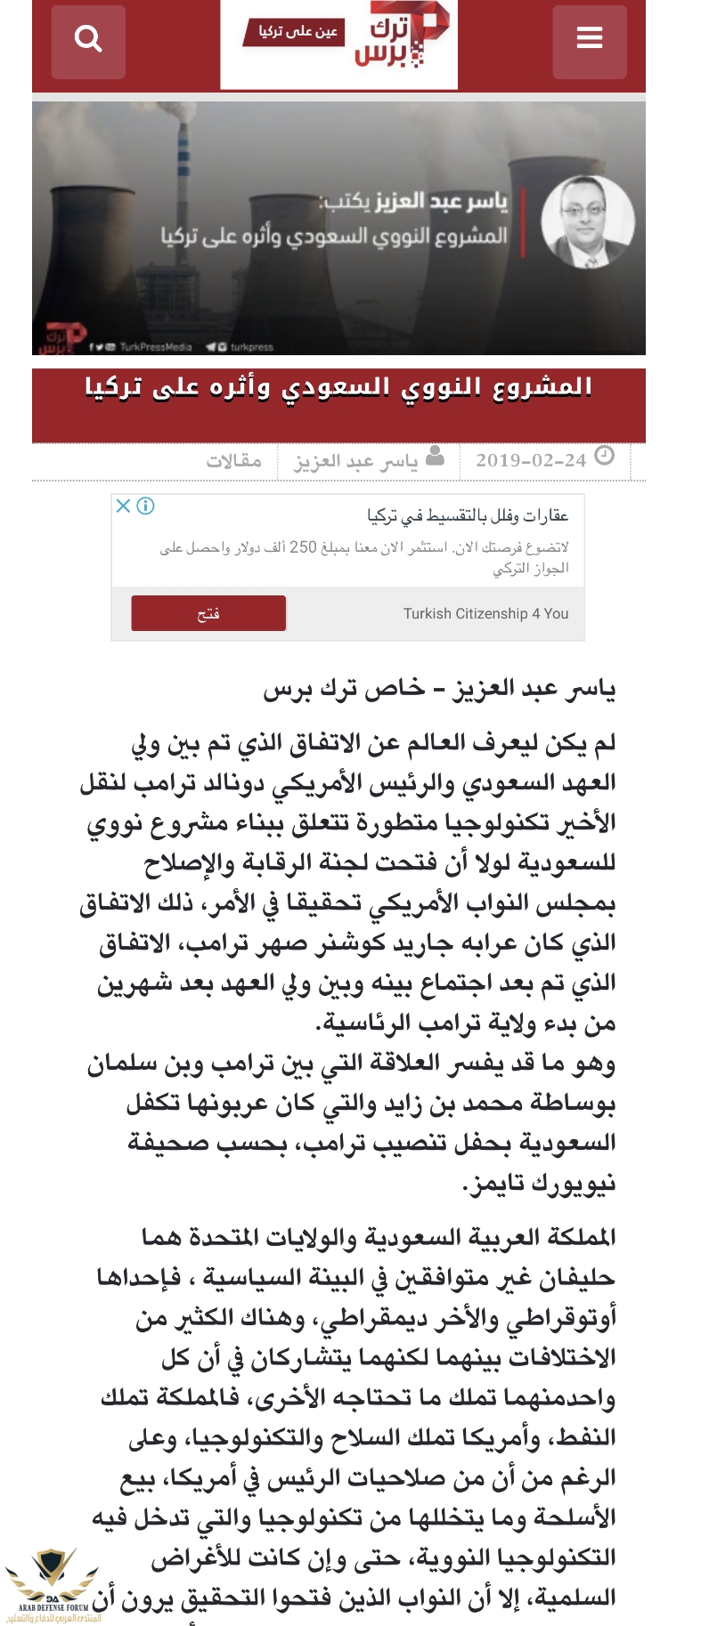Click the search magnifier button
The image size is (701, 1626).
[x=88, y=40]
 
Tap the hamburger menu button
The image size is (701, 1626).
[x=590, y=40]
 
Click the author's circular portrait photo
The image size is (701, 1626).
[x=589, y=222]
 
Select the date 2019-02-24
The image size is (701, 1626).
[x=531, y=460]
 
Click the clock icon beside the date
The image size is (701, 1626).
[x=605, y=456]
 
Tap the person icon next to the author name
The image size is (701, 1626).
[x=435, y=457]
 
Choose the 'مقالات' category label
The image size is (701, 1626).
[x=234, y=460]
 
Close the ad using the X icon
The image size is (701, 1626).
[x=124, y=506]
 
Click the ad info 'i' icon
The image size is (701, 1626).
[x=145, y=506]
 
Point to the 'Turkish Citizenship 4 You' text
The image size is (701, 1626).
[x=485, y=613]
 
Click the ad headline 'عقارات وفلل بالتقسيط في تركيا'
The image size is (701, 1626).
[x=468, y=515]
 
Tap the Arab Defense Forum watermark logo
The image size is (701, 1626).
[x=52, y=1585]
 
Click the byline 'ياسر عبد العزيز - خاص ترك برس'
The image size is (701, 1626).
[x=439, y=688]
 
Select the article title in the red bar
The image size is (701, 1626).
[x=338, y=388]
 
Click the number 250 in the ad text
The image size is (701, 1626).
[x=303, y=546]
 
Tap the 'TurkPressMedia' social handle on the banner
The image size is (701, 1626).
[x=155, y=347]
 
